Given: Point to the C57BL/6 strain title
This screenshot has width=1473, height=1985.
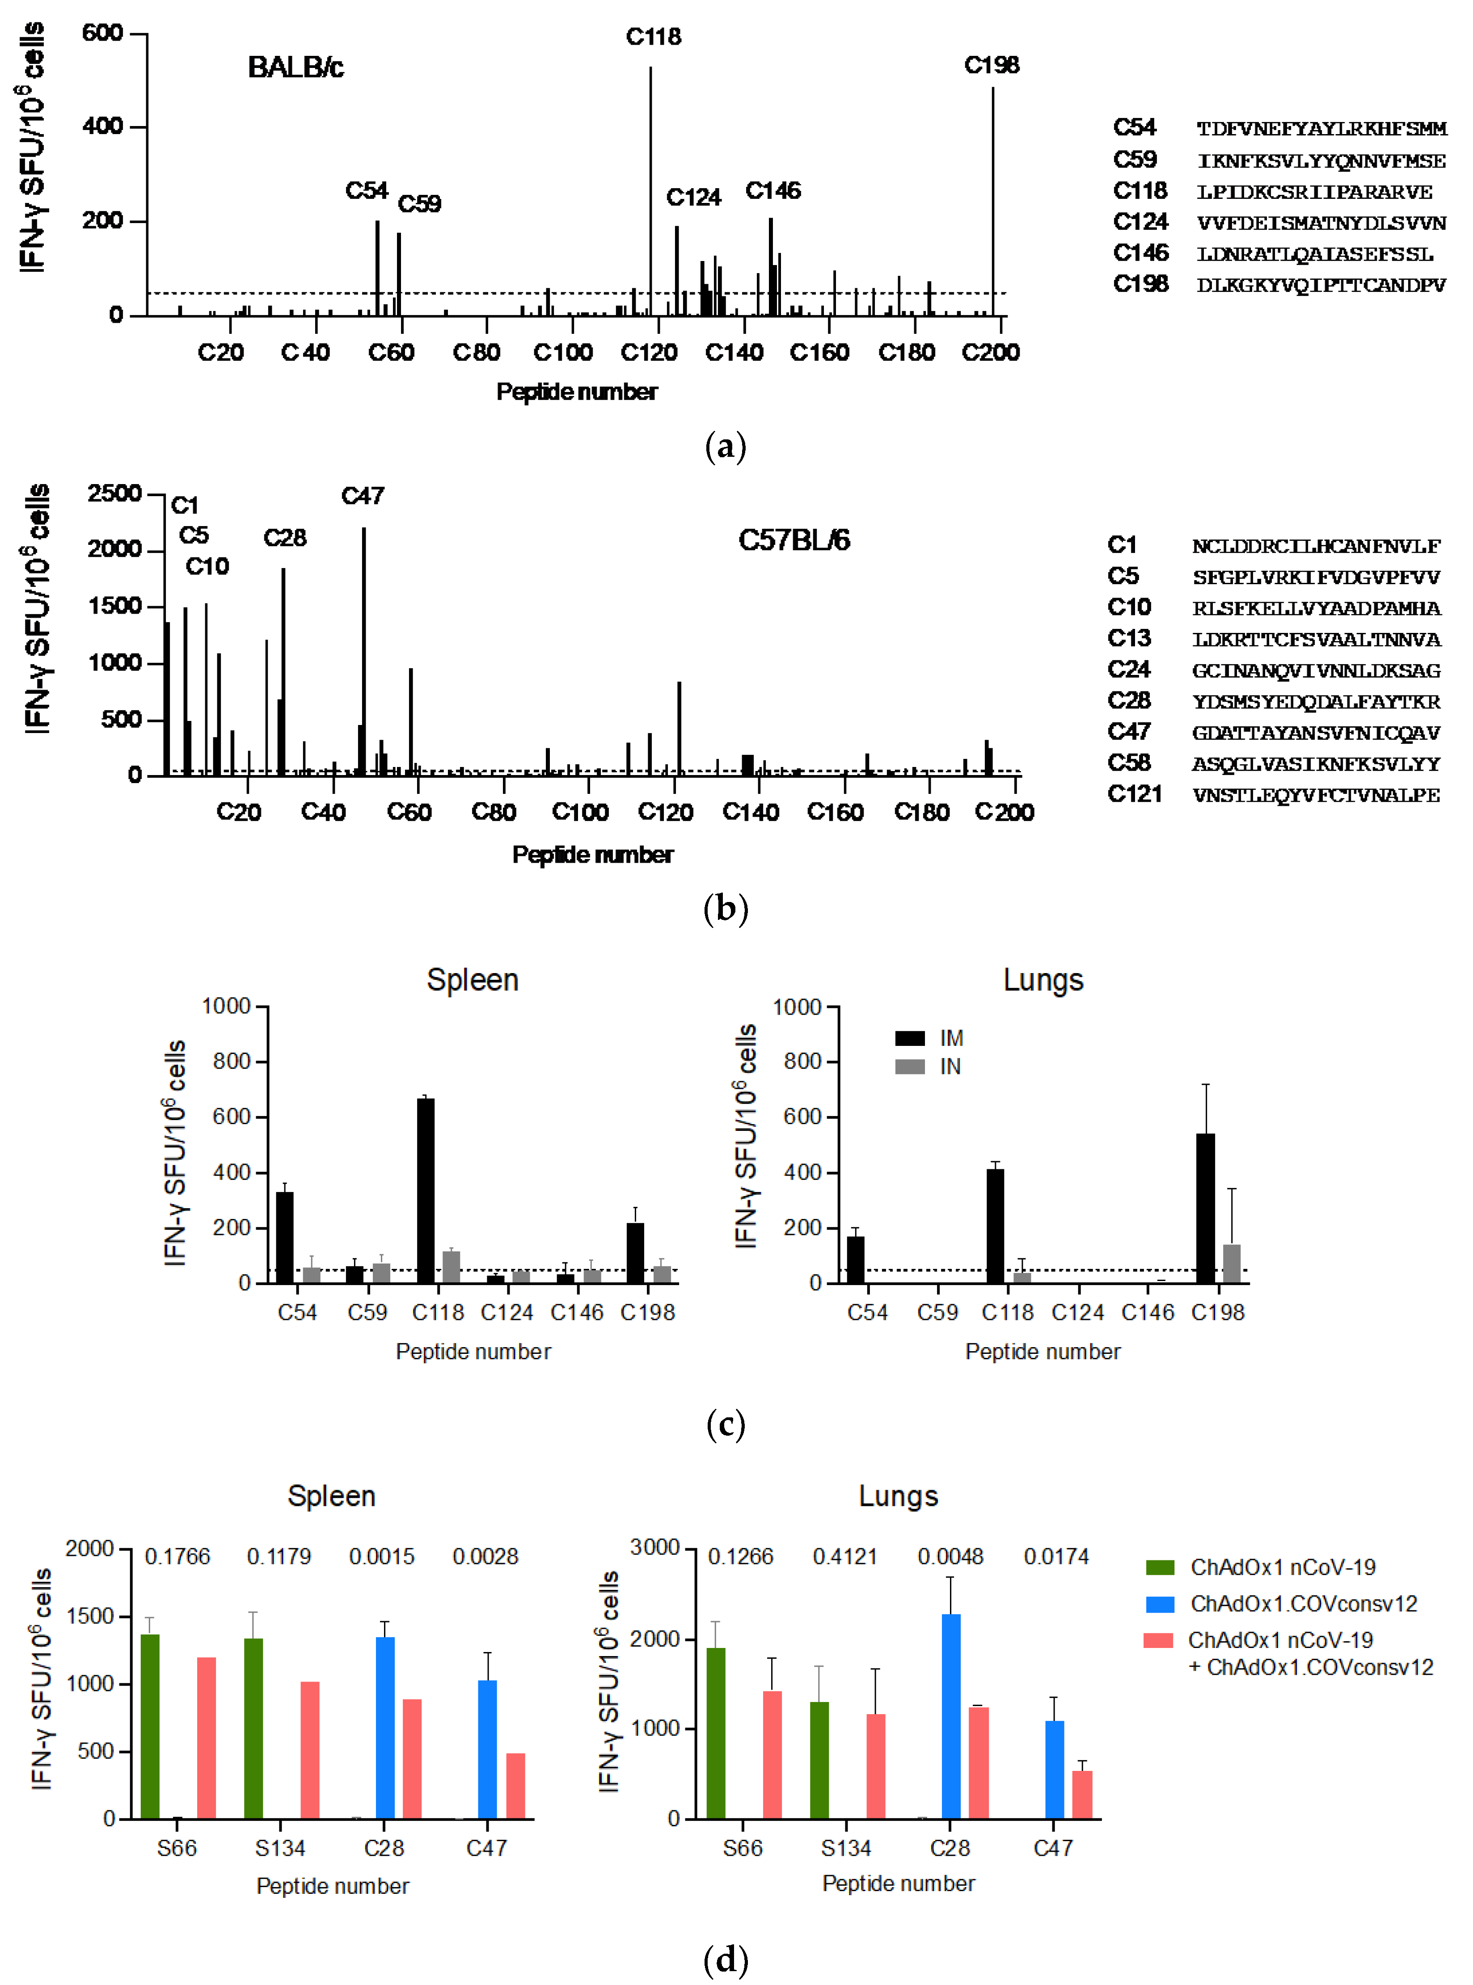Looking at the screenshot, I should pos(793,540).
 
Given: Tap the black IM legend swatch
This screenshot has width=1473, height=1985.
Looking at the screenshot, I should pos(909,1037).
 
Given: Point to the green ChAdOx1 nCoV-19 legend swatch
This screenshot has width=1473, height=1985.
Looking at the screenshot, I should pos(1160,1567).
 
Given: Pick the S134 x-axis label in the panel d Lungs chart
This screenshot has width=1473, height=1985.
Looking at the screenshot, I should pos(845,1848).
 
